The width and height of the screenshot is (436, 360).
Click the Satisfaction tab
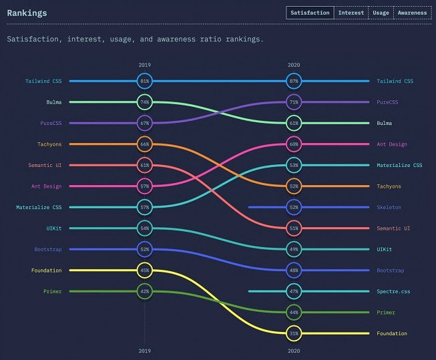310,13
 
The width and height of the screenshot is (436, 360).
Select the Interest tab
351,13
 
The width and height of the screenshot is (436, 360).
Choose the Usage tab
381,13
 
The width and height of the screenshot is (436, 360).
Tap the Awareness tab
412,13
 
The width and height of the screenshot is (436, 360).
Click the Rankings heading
27,13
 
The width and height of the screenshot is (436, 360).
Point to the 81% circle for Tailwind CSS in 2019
145,81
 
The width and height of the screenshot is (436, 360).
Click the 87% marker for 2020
294,81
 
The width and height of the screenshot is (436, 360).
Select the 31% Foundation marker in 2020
294,333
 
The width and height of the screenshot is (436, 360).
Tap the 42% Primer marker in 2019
145,291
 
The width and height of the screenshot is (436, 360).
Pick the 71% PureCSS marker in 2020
294,102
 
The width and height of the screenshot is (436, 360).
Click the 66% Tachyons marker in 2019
145,144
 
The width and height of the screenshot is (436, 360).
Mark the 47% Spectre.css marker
294,291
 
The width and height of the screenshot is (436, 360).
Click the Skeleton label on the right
389,207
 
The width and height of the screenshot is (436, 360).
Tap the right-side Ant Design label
391,144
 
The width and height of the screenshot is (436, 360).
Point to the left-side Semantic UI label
45,165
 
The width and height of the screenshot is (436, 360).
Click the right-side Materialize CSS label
399,165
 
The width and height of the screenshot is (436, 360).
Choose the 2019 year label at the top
145,65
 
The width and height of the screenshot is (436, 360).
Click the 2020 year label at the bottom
294,350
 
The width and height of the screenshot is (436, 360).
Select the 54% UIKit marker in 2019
145,228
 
